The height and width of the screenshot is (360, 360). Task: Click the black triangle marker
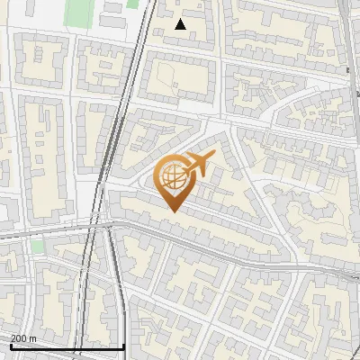(x=181, y=24)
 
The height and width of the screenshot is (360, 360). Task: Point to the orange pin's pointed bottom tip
(x=174, y=211)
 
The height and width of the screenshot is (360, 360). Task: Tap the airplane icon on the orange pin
(x=198, y=165)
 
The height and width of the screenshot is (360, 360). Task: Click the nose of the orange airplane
(x=213, y=157)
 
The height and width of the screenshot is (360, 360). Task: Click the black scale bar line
(x=67, y=346)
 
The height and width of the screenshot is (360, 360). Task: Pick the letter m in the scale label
(x=33, y=338)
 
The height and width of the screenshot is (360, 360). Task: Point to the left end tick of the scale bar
(x=10, y=345)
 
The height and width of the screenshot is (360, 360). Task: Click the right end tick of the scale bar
(x=123, y=345)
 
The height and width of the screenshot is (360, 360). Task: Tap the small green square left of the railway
(x=36, y=246)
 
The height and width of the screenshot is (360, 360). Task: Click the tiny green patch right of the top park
(x=132, y=4)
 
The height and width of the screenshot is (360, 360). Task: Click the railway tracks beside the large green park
(x=139, y=27)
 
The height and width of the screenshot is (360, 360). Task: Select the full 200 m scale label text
(x=23, y=338)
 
